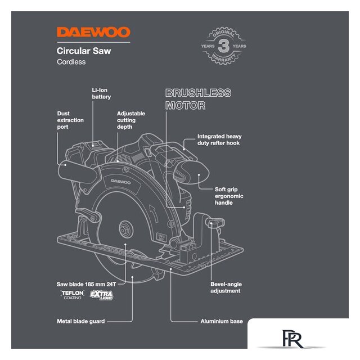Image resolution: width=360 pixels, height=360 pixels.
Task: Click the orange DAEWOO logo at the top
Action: pyautogui.click(x=93, y=32)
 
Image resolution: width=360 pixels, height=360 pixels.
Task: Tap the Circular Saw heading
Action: pyautogui.click(x=84, y=51)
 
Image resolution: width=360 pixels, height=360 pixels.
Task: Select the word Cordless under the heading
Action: pyautogui.click(x=71, y=62)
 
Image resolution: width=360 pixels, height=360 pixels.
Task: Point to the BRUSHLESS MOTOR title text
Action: pyautogui.click(x=197, y=99)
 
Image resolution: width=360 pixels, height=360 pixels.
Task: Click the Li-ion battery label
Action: pyautogui.click(x=101, y=93)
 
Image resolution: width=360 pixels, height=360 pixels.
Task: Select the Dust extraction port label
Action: pyautogui.click(x=70, y=120)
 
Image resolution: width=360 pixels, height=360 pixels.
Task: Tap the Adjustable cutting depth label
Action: pyautogui.click(x=130, y=120)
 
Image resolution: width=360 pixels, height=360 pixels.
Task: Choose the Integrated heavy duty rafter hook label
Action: pyautogui.click(x=219, y=140)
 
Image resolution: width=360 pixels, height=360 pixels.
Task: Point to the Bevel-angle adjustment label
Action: pyautogui.click(x=226, y=287)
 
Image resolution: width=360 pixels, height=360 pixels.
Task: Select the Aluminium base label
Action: pyautogui.click(x=222, y=321)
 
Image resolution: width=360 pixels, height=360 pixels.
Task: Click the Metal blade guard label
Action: pyautogui.click(x=80, y=321)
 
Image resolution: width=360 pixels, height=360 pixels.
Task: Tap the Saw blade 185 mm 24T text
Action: pyautogui.click(x=85, y=284)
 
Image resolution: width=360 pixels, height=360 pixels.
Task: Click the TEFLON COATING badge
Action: pyautogui.click(x=73, y=295)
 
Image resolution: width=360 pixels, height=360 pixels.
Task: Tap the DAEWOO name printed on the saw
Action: pyautogui.click(x=119, y=182)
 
